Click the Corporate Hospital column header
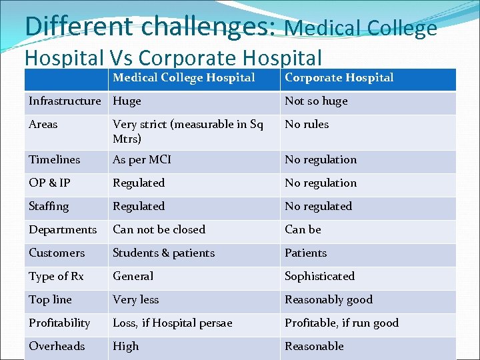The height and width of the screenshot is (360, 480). [339, 78]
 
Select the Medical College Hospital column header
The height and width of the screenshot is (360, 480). [184, 78]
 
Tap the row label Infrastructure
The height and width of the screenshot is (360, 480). [65, 101]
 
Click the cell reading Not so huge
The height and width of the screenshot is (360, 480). [316, 101]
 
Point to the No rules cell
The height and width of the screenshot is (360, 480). [307, 125]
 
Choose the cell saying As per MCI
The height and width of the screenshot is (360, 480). [142, 160]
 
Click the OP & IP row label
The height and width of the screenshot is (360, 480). [49, 183]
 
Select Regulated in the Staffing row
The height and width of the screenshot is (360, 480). [139, 207]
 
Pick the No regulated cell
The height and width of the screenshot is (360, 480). [318, 207]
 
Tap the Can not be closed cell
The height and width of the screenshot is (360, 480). [159, 230]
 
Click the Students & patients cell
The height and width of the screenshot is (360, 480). [163, 253]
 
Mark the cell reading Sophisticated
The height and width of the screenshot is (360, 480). [319, 277]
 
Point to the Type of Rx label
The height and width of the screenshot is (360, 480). [56, 277]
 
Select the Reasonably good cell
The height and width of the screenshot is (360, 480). [329, 300]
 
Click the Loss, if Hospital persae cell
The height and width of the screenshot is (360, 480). [172, 323]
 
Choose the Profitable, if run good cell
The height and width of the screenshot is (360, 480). [341, 323]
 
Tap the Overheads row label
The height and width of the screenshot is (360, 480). [57, 347]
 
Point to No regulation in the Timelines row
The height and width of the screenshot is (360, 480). [321, 160]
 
